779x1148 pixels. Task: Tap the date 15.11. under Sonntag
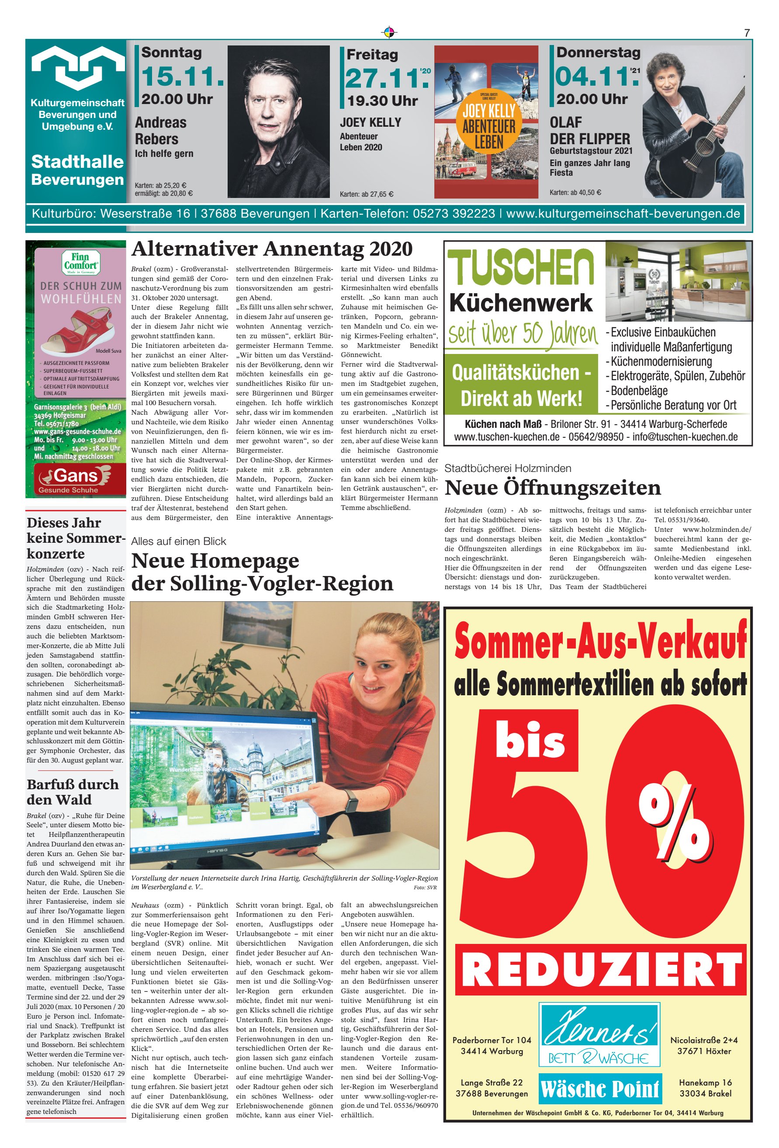tap(182, 76)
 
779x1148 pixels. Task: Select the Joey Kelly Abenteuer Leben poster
tap(486, 122)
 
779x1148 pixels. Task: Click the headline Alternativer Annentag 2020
tap(272, 249)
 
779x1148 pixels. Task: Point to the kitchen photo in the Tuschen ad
tap(678, 281)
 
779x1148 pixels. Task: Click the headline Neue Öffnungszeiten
tap(552, 488)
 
